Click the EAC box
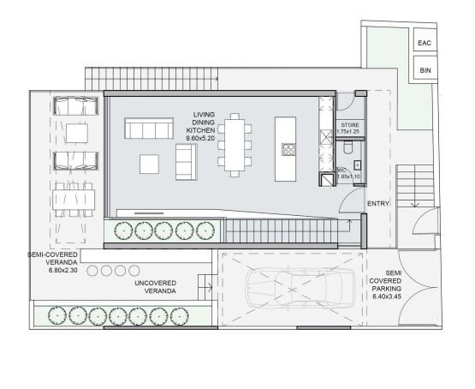click(425, 43)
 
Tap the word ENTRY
click(377, 203)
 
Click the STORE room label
click(348, 125)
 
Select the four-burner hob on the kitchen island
click(288, 150)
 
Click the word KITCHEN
click(202, 129)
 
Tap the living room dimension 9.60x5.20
click(202, 138)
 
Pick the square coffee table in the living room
click(150, 163)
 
